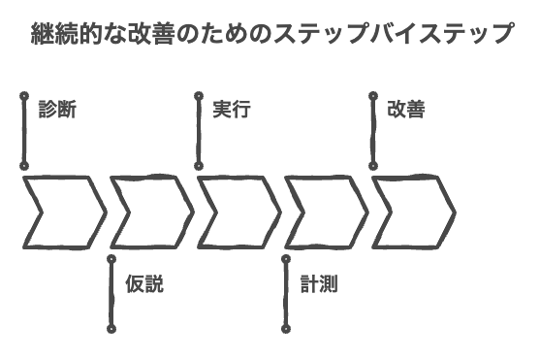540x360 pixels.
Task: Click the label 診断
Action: (57, 110)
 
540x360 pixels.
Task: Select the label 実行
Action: (232, 110)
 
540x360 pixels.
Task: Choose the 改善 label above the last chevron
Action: (405, 110)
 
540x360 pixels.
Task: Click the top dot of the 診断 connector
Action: (22, 95)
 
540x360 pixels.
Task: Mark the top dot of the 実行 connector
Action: (198, 95)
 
